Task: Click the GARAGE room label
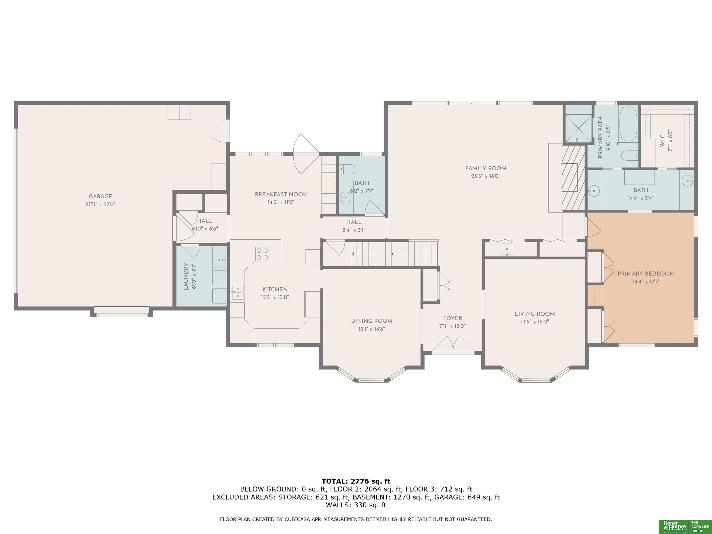(100, 196)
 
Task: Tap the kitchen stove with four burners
(262, 254)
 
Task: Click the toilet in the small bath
(347, 169)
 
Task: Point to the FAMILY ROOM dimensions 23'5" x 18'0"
(486, 176)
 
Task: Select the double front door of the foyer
(453, 343)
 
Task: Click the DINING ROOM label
(372, 321)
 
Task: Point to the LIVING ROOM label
(535, 314)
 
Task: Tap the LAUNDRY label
(186, 277)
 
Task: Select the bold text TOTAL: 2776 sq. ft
(356, 481)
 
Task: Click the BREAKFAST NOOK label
(281, 194)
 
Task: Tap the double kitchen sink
(238, 292)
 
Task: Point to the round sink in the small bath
(345, 197)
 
